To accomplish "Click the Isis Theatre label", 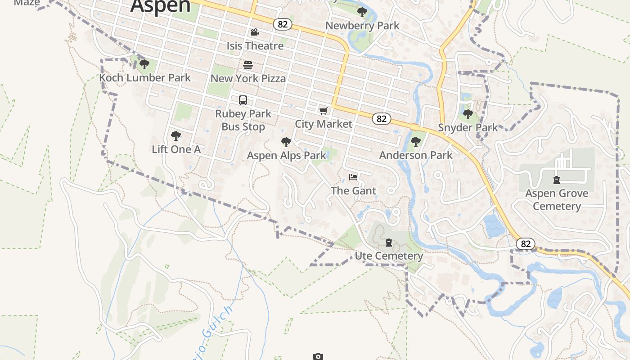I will [255, 46].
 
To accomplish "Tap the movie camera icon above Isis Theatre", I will [255, 32].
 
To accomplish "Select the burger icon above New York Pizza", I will [248, 65].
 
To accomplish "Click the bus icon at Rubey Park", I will [243, 100].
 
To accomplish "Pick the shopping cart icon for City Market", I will [323, 111].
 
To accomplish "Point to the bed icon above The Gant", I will [353, 177].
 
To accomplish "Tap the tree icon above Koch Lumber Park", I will [144, 64].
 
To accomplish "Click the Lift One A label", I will [176, 149].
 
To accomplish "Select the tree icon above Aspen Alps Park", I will [286, 143].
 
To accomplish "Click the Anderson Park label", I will [416, 155].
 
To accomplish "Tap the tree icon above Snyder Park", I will [468, 114].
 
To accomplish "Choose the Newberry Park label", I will [362, 26].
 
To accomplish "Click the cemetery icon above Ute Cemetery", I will [389, 243].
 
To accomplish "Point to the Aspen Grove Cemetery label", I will [557, 200].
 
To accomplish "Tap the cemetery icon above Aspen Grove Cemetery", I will [557, 180].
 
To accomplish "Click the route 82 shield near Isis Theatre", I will [283, 24].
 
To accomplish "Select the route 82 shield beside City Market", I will [382, 119].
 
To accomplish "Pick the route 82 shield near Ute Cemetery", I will [525, 244].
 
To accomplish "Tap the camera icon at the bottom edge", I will [318, 356].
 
